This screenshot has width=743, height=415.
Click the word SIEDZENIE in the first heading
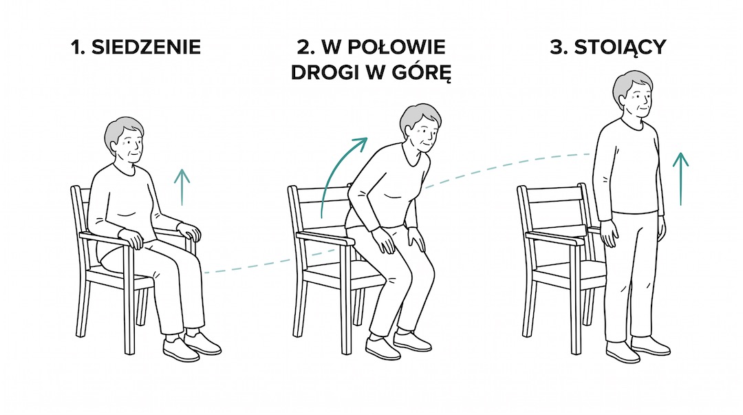coord(148,47)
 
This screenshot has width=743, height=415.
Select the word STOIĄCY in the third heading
coord(626,47)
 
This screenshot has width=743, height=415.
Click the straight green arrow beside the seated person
coord(182,186)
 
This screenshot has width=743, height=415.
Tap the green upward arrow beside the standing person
coord(680,179)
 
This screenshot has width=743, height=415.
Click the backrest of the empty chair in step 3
coord(550,206)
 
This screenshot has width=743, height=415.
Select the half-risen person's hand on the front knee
coord(416,238)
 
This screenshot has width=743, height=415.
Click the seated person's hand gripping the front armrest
coord(135,238)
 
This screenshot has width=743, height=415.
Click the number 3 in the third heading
coord(559,47)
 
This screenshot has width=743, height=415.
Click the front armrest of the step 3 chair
coord(557,237)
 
